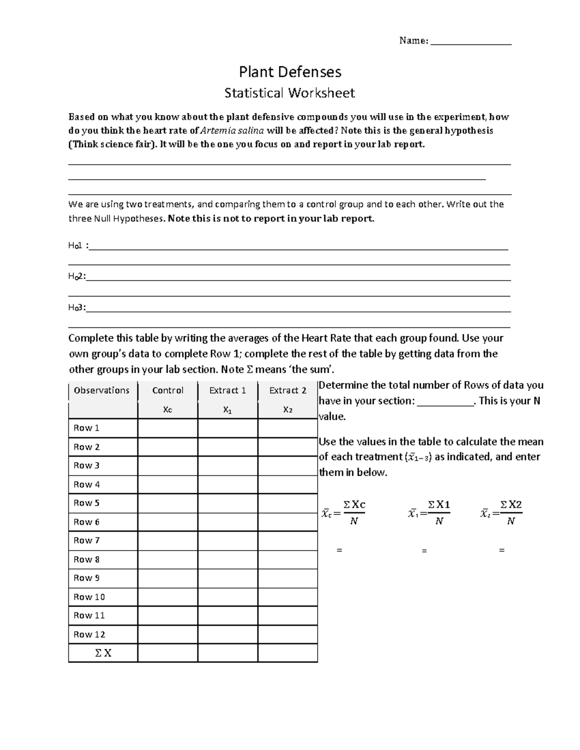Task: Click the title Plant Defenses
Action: point(290,72)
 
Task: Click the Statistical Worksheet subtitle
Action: point(290,93)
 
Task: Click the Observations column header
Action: point(101,390)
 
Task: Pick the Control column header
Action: point(168,390)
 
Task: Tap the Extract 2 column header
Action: point(288,390)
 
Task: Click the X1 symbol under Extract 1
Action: point(227,410)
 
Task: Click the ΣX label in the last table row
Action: point(103,653)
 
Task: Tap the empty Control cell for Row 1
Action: point(168,428)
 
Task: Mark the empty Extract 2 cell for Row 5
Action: point(288,503)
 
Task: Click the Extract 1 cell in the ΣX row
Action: point(228,653)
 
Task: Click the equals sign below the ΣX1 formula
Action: point(424,550)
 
